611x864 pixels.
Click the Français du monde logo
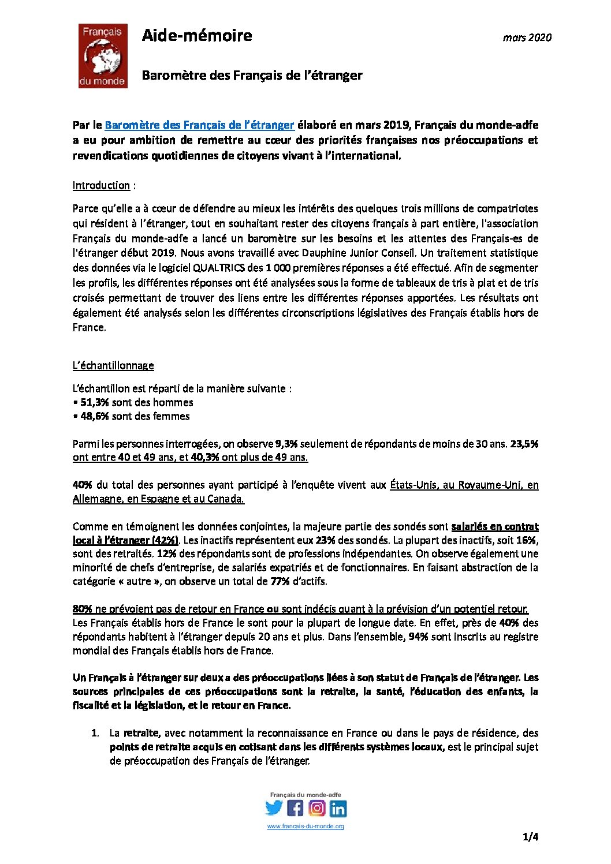pyautogui.click(x=103, y=56)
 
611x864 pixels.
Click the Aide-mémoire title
pyautogui.click(x=197, y=35)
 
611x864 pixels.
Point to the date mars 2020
pyautogui.click(x=527, y=38)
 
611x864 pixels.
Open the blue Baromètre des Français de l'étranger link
pyautogui.click(x=199, y=125)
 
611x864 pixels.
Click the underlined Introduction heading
pyautogui.click(x=101, y=185)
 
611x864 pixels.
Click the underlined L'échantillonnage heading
pyautogui.click(x=113, y=365)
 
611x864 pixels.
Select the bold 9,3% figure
pyautogui.click(x=286, y=444)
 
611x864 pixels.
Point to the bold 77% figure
pyautogui.click(x=280, y=581)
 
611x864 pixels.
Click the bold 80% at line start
pyautogui.click(x=83, y=609)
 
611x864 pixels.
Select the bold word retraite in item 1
pyautogui.click(x=141, y=733)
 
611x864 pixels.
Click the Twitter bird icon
pyautogui.click(x=274, y=808)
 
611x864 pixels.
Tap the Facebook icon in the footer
pyautogui.click(x=295, y=808)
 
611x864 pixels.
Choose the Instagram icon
pyautogui.click(x=316, y=808)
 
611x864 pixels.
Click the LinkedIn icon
pyautogui.click(x=338, y=809)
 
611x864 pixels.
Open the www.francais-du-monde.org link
pyautogui.click(x=305, y=826)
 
